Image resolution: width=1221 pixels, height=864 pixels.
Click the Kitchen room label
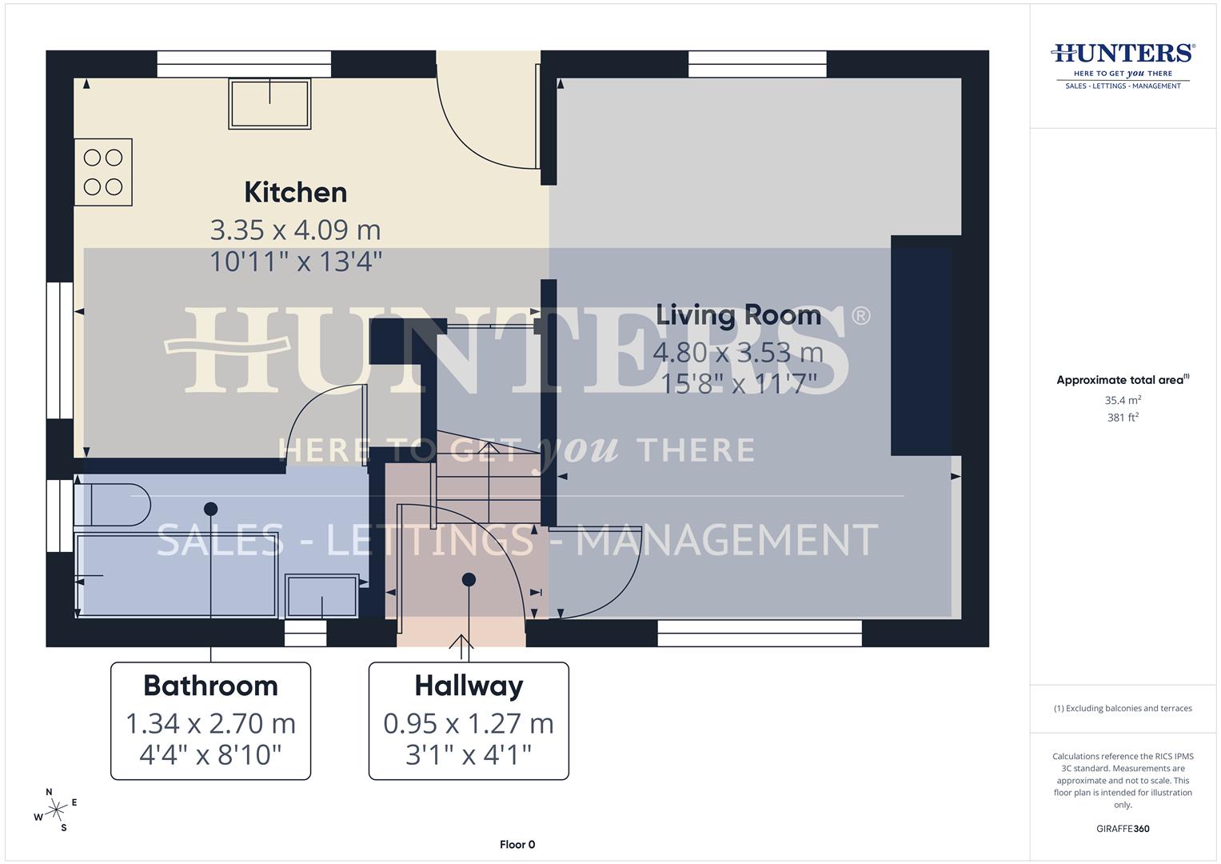click(295, 193)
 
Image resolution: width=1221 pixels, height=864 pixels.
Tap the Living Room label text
click(738, 315)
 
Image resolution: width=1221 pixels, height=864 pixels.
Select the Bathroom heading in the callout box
click(210, 686)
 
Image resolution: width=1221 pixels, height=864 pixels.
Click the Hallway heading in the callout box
click(469, 686)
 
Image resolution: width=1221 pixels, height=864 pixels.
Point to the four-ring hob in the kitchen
click(103, 172)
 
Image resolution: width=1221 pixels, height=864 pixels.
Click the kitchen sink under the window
click(269, 103)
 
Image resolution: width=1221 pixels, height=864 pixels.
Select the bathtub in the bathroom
click(176, 576)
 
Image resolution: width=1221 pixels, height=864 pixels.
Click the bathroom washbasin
click(322, 596)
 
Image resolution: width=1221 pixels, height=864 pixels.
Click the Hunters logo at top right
click(1123, 64)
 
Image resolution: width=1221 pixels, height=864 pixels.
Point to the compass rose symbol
click(56, 810)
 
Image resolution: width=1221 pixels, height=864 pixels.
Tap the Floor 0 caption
click(517, 845)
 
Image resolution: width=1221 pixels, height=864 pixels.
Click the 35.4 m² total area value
click(1123, 400)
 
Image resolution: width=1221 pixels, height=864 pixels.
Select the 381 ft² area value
click(1123, 418)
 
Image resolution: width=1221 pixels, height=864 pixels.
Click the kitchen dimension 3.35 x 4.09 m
click(295, 230)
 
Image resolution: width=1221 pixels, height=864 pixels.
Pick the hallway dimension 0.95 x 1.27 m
click(469, 724)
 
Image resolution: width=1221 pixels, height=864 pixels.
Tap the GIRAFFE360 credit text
click(1123, 829)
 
